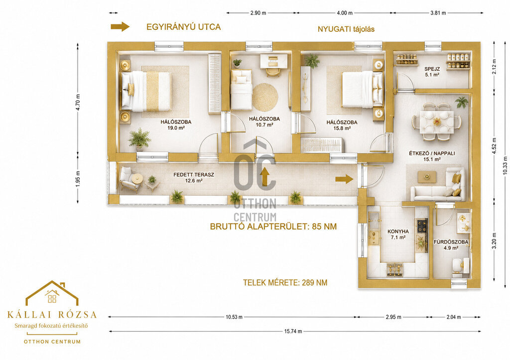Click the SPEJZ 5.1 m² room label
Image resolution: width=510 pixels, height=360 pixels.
coord(432,72)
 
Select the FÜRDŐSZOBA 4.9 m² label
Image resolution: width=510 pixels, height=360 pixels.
coord(451,245)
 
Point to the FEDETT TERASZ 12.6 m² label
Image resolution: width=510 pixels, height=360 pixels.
coord(194,178)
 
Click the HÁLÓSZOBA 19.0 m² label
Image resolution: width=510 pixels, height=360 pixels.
coord(176,125)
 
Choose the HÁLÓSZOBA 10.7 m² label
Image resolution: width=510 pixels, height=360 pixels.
coord(264,121)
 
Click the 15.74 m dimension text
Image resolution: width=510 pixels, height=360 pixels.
coord(293,332)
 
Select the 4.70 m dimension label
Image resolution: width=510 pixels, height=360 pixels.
coord(78,102)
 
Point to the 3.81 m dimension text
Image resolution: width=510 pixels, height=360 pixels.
coord(438,13)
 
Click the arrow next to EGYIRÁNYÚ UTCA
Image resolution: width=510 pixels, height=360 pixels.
coord(120,27)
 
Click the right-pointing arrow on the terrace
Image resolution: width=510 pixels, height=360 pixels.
coord(344,179)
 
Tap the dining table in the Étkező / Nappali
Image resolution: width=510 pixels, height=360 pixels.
coord(436,121)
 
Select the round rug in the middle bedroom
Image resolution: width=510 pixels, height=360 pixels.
coord(265,97)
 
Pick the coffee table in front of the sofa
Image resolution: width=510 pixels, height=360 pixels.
coord(427,177)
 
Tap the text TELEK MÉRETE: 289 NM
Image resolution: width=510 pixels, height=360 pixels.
coord(285,283)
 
